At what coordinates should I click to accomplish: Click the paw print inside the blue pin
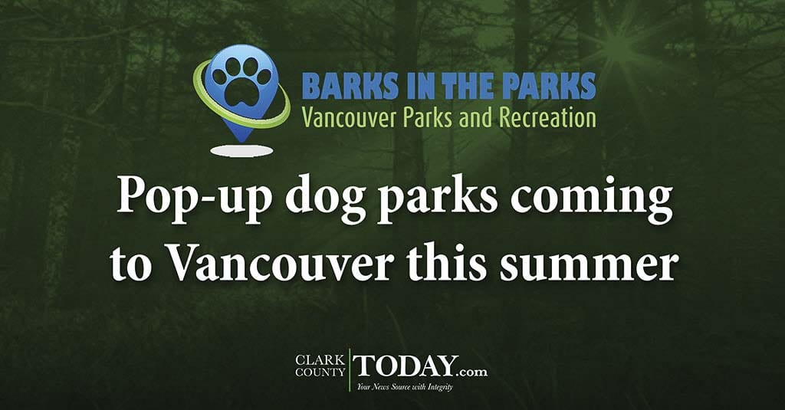pyautogui.click(x=242, y=80)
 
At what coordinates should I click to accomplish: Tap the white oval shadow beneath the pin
pyautogui.click(x=241, y=151)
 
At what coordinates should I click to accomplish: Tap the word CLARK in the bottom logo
pyautogui.click(x=320, y=360)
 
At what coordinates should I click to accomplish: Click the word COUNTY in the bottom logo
pyautogui.click(x=320, y=372)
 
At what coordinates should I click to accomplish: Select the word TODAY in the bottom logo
pyautogui.click(x=406, y=366)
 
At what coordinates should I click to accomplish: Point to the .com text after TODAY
pyautogui.click(x=473, y=372)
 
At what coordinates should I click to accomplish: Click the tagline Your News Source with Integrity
pyautogui.click(x=405, y=387)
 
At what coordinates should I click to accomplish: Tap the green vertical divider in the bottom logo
pyautogui.click(x=350, y=370)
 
